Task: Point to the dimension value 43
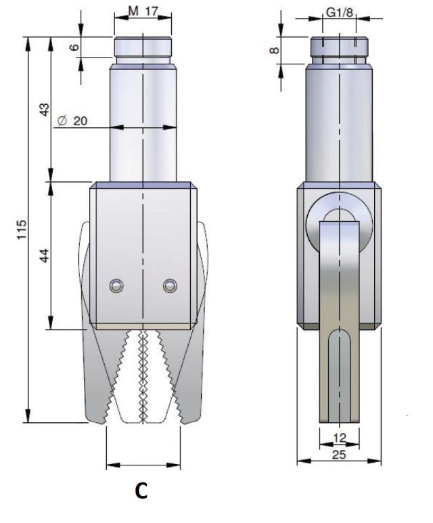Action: click(45, 109)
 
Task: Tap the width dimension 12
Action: click(340, 439)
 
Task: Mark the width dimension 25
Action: click(340, 455)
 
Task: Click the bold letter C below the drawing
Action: click(141, 492)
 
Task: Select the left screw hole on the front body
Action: click(117, 287)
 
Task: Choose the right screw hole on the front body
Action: click(169, 287)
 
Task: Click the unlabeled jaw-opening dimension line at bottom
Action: click(143, 465)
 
